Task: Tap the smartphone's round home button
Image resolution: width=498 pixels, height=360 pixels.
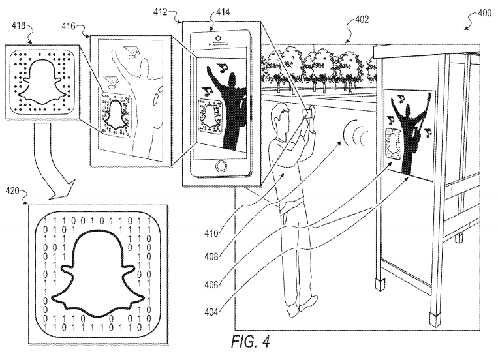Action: click(222, 166)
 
